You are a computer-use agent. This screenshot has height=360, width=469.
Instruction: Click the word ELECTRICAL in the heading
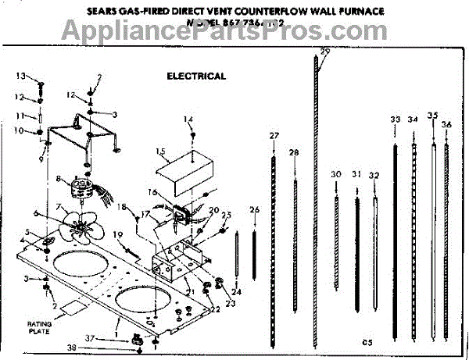click(x=196, y=77)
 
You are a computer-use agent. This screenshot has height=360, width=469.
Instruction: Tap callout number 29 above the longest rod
click(x=325, y=52)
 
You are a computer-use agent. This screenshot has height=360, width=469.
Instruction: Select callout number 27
click(x=274, y=137)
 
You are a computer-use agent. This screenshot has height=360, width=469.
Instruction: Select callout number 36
click(x=446, y=124)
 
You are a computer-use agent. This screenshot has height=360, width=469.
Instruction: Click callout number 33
click(x=396, y=119)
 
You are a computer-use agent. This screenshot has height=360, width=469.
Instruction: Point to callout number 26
click(x=254, y=209)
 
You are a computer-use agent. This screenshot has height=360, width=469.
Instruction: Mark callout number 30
click(x=336, y=173)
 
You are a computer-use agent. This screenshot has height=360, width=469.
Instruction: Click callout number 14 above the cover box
click(x=188, y=119)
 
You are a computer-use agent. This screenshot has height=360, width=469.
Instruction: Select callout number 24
click(x=236, y=291)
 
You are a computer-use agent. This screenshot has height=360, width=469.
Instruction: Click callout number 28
click(x=294, y=151)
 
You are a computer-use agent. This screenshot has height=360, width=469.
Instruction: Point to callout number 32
click(x=374, y=175)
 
